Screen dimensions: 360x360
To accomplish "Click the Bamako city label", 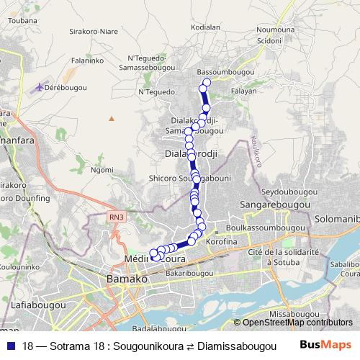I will tap(127, 278).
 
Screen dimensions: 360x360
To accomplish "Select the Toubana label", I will tap(22, 22).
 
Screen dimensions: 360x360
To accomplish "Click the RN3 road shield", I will tap(117, 216).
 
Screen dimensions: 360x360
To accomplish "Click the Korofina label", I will tap(221, 242).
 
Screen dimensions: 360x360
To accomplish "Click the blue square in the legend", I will tap(11, 345).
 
